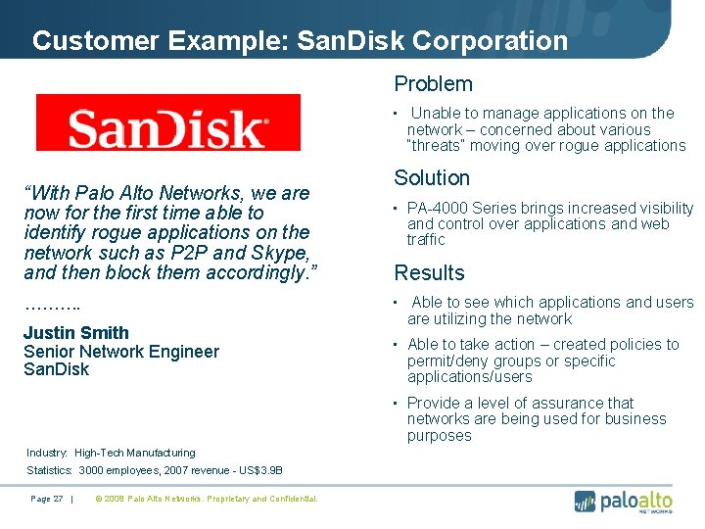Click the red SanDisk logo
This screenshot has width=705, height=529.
pos(167,121)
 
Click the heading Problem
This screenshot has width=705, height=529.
pos(433,84)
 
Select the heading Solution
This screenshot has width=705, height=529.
pos(432,178)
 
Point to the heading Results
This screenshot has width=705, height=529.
pos(429,273)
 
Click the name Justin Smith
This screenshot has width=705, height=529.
pos(76,333)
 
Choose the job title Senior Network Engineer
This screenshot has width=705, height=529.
pos(121,352)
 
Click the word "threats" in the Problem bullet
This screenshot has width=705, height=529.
pos(437,146)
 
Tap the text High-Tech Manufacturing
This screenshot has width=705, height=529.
pos(135,453)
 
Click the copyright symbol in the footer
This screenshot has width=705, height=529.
pos(98,499)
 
